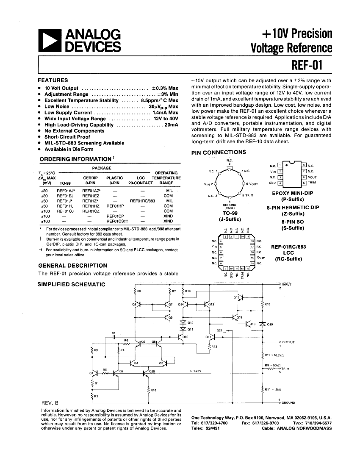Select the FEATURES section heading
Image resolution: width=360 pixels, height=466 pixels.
tap(53, 80)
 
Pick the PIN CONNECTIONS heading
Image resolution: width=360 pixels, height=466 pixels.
tap(219, 152)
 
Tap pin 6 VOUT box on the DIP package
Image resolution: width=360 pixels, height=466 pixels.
tap(304, 177)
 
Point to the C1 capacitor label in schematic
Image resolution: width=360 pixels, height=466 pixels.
tap(114, 333)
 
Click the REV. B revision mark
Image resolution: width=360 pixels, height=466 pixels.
tap(50, 402)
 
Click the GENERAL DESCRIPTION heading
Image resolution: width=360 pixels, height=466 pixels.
tap(72, 265)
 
